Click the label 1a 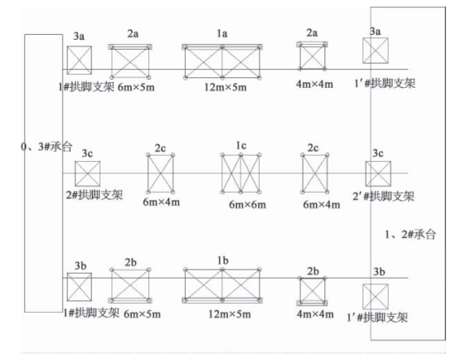222,33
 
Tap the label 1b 223,260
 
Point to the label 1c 241,145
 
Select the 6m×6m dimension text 248,205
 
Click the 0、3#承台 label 46,146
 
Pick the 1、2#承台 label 410,234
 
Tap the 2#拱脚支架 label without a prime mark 95,195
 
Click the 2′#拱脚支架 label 383,196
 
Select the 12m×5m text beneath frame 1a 226,87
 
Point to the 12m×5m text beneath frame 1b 230,314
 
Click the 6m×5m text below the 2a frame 136,87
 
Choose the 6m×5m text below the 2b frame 143,314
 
